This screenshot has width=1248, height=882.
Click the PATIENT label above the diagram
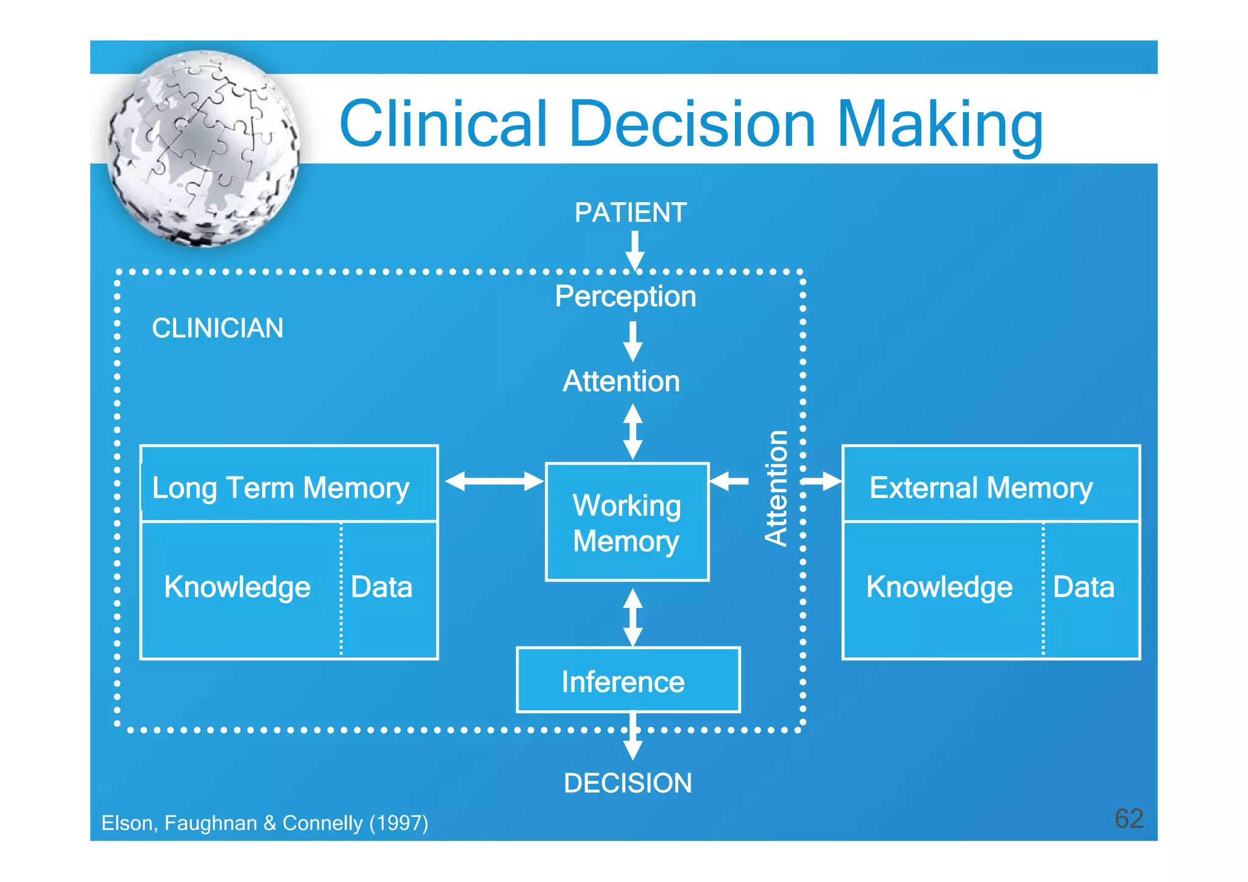point(630,213)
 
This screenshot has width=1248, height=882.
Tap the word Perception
point(625,297)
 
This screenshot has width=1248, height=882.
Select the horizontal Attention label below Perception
point(621,382)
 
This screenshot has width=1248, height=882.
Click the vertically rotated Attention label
point(776,488)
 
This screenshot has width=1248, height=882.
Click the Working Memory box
point(627,523)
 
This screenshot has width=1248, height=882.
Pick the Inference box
point(628,680)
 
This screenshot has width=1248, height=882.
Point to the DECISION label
point(628,783)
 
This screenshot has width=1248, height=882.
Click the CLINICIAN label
point(218,328)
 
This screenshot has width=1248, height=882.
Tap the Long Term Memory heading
point(280,488)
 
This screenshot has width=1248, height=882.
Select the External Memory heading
point(980,488)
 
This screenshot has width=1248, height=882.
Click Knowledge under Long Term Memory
point(237,587)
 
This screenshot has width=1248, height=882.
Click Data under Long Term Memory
point(382,587)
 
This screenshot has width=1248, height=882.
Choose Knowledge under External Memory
point(939,587)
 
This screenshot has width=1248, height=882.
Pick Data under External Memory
point(1083,587)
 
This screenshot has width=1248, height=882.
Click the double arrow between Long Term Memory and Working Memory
point(494,481)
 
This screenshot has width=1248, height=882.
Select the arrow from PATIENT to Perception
point(634,250)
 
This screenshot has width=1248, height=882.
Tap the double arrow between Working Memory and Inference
point(633,616)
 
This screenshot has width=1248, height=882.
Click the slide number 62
point(1129,819)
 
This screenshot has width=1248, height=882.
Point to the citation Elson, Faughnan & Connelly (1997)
point(264,824)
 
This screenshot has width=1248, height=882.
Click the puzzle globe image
point(203,148)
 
